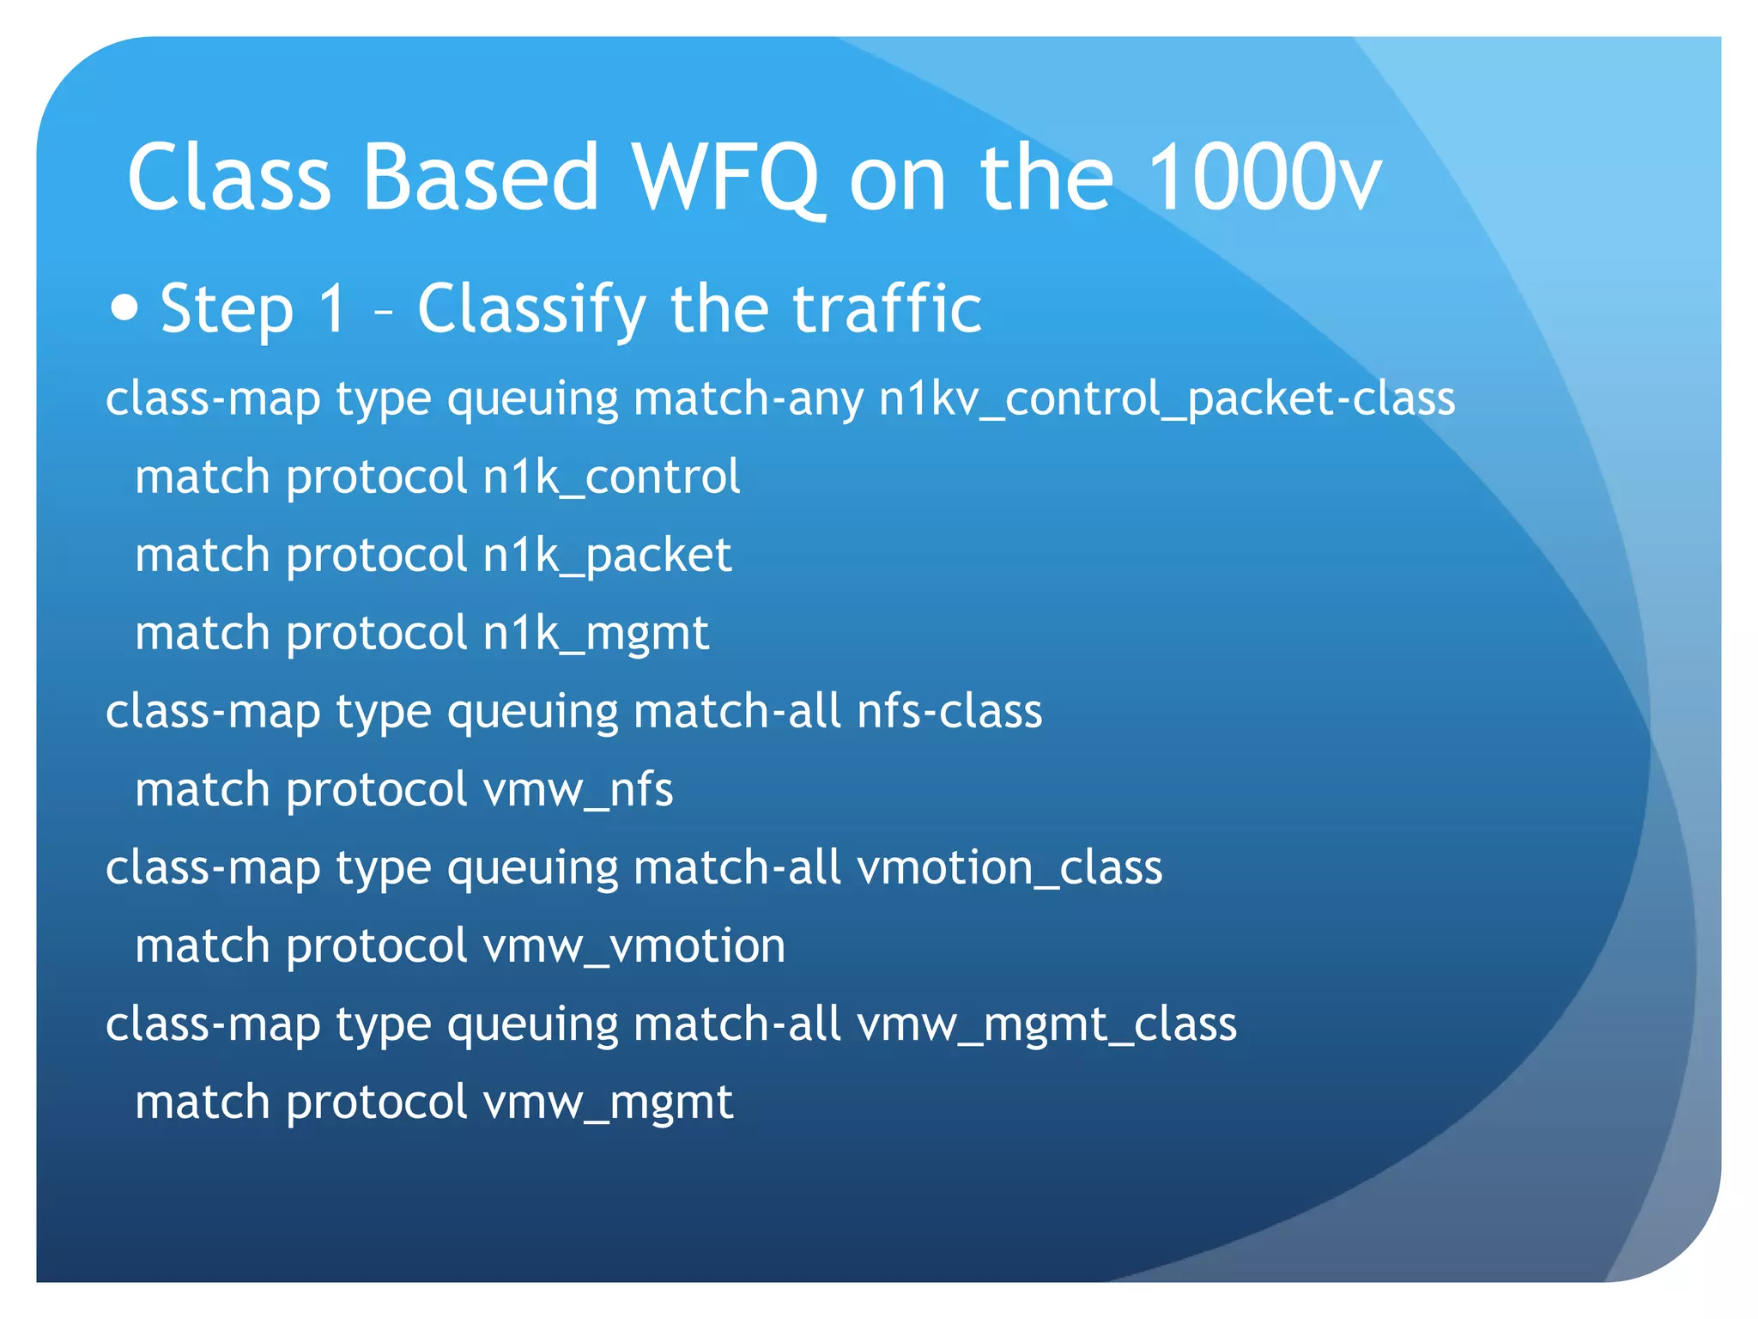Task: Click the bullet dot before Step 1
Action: click(x=125, y=307)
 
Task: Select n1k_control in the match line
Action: click(x=611, y=477)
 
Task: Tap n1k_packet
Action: click(x=607, y=556)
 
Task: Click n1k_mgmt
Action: click(x=596, y=634)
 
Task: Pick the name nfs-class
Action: click(x=949, y=712)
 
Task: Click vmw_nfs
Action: click(x=578, y=790)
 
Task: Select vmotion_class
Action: click(x=1009, y=868)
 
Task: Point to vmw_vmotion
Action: click(x=634, y=946)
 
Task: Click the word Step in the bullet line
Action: click(x=227, y=309)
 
